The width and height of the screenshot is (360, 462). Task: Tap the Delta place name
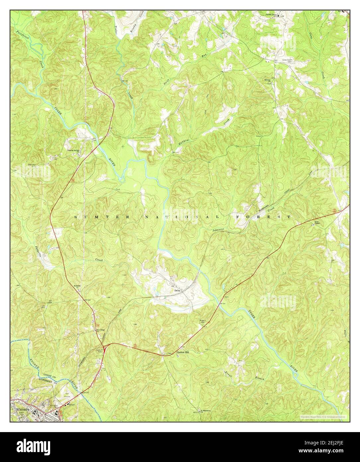pyautogui.click(x=177, y=290)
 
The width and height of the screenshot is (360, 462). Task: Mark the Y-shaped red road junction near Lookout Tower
pyautogui.click(x=104, y=347)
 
